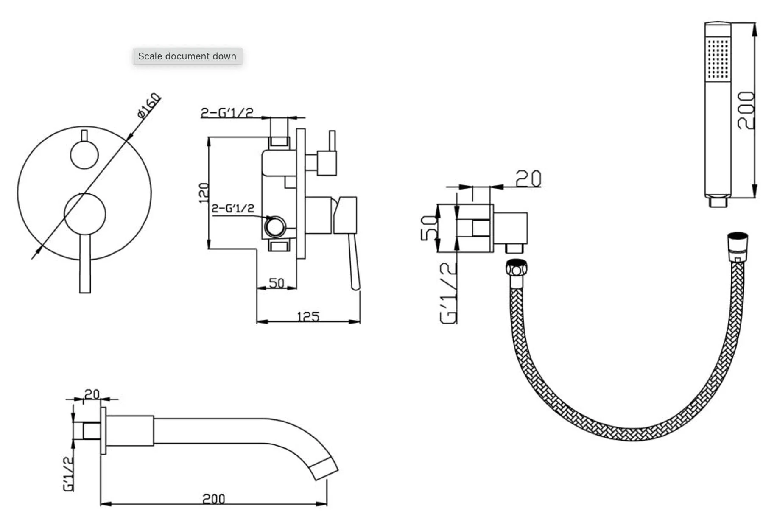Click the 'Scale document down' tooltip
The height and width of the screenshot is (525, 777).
point(187,56)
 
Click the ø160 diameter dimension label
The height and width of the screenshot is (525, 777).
point(149,105)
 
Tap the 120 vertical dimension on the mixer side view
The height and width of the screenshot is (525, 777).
point(204,193)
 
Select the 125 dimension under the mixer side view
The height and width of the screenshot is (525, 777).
point(308,316)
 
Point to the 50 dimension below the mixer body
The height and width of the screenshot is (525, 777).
point(277,282)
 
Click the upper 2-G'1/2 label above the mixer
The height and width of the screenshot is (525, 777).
point(227,112)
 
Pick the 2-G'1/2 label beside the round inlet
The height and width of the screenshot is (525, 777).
point(233,208)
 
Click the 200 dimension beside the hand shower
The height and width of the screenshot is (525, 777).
point(746,110)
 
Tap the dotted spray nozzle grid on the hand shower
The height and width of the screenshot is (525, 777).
point(718,59)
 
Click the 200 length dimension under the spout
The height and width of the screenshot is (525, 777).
point(213,499)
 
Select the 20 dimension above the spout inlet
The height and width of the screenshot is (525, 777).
point(92,394)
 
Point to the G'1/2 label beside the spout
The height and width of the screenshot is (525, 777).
point(68,474)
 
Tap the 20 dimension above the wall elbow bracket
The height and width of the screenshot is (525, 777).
point(528,179)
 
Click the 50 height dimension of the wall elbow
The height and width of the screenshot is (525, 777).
point(429,228)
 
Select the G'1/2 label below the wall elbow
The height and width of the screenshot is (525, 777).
point(448,293)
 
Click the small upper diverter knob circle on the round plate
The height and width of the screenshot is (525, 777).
point(84,155)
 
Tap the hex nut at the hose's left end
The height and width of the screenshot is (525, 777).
point(516,268)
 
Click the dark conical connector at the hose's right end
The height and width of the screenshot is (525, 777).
point(738,246)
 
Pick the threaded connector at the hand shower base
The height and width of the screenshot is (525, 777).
point(718,201)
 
